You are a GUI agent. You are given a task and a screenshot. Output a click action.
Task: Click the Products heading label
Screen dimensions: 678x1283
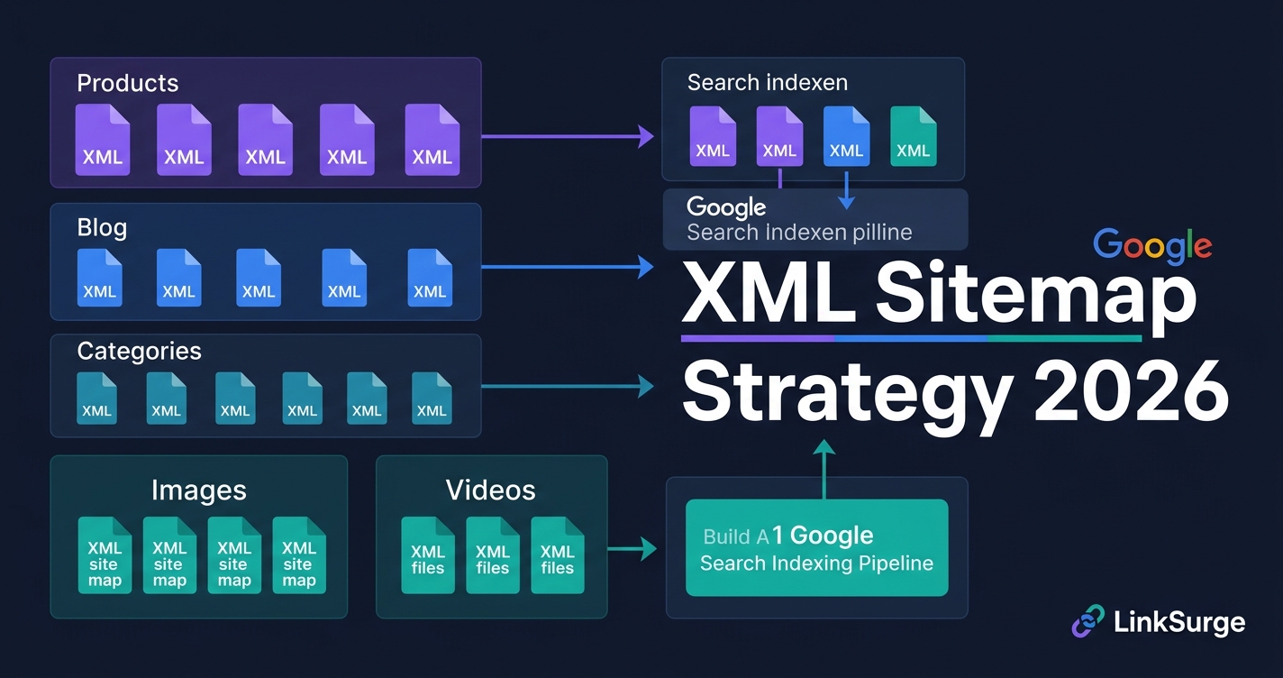[127, 83]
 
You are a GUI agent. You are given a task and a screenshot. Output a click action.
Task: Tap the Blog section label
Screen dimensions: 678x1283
[102, 227]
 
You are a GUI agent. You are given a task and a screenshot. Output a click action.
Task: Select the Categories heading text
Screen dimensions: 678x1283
[139, 351]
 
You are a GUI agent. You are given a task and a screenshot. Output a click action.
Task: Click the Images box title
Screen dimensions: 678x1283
[198, 490]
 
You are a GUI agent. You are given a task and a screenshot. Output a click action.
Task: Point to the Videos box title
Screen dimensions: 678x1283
[490, 490]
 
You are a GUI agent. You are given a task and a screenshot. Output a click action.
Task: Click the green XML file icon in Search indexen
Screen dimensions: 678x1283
[913, 136]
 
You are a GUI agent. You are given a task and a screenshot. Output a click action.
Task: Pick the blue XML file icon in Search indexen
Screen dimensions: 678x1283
[846, 136]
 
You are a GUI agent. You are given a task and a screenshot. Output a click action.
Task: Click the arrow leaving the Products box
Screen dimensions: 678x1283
[568, 137]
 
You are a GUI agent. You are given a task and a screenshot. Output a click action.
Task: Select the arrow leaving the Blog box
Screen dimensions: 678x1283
[568, 266]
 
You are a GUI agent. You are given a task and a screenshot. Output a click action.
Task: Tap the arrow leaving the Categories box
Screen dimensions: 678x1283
[568, 387]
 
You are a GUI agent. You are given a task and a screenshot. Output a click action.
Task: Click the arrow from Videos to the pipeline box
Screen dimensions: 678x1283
[632, 548]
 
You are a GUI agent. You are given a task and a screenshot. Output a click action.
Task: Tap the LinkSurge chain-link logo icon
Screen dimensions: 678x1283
[1087, 622]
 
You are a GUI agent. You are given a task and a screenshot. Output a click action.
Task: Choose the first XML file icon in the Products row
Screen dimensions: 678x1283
[103, 139]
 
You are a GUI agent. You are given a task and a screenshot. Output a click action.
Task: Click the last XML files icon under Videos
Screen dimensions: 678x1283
[557, 554]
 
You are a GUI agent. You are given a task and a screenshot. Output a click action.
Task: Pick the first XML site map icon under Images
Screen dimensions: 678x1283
[105, 554]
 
